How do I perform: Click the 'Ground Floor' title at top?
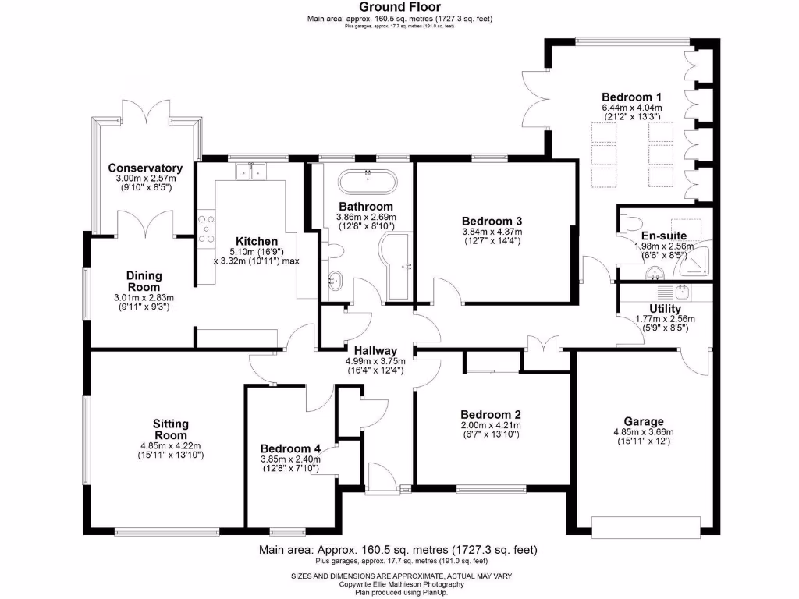pos(399,7)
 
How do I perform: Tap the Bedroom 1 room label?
pos(631,97)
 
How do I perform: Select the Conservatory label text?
pos(145,168)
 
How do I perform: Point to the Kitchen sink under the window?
pos(250,171)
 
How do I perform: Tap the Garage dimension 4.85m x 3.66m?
pos(644,432)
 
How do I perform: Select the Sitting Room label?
pos(170,430)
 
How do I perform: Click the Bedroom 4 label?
pos(290,448)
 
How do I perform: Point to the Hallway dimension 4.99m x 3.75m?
pos(375,361)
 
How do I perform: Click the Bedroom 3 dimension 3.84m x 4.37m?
pos(491,232)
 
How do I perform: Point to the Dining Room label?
pos(144,281)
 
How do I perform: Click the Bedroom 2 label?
pos(491,414)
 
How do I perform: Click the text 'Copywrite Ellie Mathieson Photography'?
pos(399,584)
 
